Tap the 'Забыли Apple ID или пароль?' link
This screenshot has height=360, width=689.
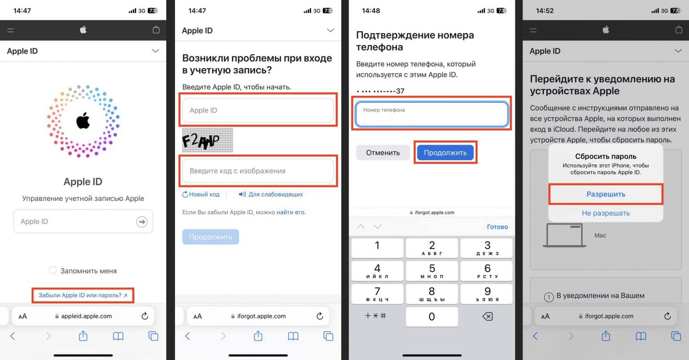(83, 295)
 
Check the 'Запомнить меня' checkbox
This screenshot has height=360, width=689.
(53, 270)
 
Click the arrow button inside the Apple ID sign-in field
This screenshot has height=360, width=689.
(142, 221)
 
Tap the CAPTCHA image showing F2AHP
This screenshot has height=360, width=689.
(207, 141)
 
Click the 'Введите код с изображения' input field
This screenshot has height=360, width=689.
(258, 171)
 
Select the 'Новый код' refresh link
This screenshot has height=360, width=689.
(201, 195)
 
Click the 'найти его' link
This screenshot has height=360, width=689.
(291, 212)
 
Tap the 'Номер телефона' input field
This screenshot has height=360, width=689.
(432, 114)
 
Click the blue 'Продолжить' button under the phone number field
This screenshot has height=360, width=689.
(445, 152)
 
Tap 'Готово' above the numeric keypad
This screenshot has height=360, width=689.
(497, 227)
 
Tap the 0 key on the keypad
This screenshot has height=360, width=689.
(432, 317)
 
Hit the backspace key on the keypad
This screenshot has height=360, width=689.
(487, 317)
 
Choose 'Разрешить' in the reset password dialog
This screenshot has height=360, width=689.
(606, 194)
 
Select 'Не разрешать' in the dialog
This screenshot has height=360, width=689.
(606, 213)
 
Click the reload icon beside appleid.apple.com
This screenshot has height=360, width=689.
(144, 316)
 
